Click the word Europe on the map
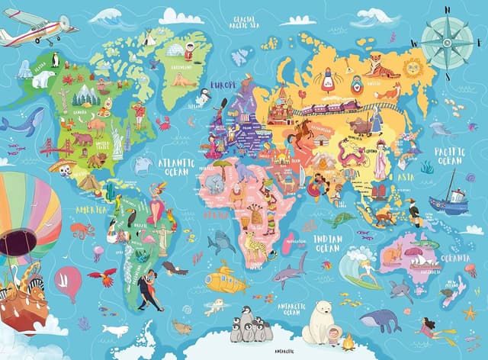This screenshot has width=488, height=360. coord(223,84)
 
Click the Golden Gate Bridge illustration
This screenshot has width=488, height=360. coord(56,146)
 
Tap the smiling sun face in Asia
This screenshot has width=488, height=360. coord(413,67)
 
